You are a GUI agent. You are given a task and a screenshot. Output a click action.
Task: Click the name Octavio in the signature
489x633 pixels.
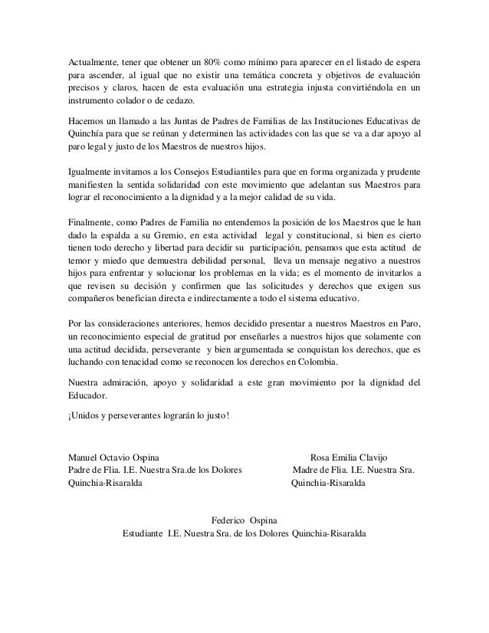[125, 457]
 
